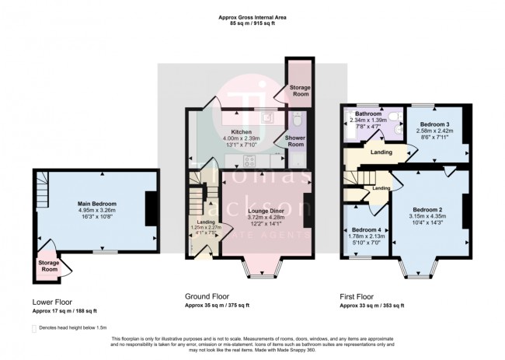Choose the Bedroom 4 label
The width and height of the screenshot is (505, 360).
366,230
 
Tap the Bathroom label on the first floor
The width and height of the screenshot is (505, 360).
368,114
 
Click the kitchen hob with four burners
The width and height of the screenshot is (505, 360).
251,162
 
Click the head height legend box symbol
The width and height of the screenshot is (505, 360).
34,329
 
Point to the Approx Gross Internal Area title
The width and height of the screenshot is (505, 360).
252,19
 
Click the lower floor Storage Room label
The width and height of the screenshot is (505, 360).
49,267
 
